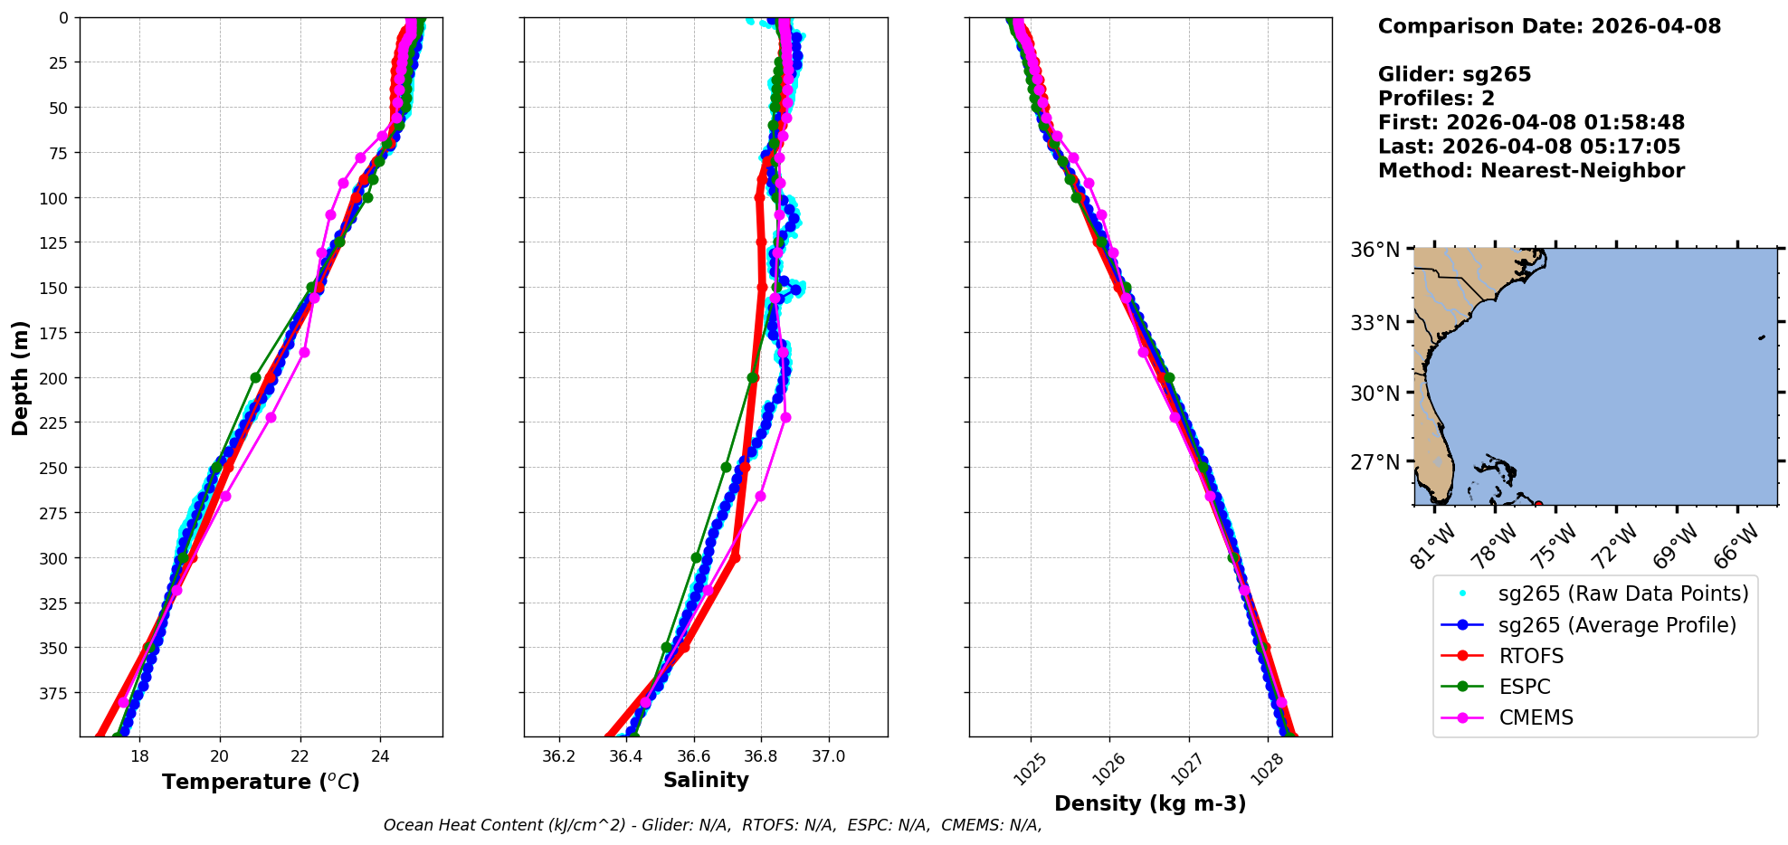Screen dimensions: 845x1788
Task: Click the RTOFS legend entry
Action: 1531,656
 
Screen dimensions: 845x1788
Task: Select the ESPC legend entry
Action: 1525,687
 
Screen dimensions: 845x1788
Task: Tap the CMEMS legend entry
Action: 1536,717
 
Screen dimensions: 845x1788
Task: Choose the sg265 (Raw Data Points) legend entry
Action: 1623,593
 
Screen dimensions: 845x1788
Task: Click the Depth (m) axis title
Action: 20,377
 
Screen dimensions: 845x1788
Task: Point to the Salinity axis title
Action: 706,781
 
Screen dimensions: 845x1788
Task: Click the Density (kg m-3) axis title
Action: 1150,803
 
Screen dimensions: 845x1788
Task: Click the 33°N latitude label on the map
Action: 1374,323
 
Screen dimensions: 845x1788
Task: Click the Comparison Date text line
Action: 1549,26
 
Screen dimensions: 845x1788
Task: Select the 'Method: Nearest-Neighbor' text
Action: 1531,171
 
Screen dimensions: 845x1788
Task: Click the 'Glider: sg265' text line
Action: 1454,74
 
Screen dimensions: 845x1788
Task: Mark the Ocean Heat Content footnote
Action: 712,825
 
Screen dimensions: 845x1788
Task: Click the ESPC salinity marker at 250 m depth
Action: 726,468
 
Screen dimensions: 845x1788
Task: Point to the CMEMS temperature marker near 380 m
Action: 123,702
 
